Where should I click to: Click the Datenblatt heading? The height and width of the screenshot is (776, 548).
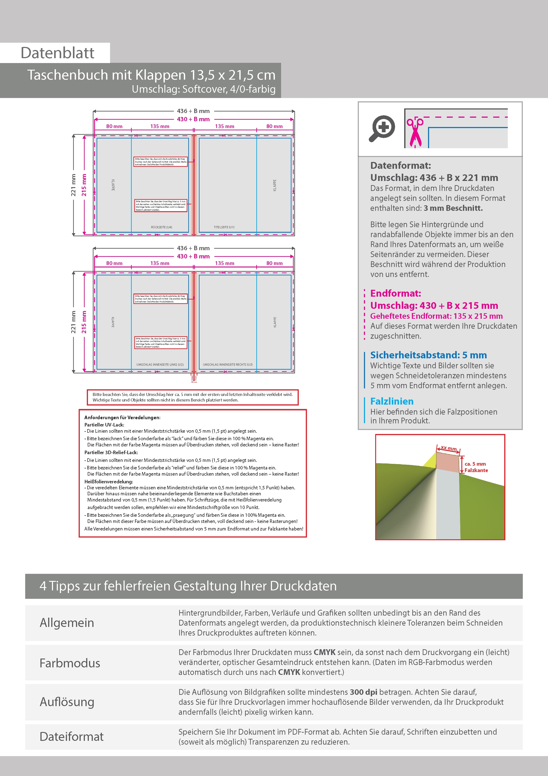[57, 53]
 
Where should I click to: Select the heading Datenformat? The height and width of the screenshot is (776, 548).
[400, 166]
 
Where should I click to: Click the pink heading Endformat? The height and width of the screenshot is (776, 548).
[395, 293]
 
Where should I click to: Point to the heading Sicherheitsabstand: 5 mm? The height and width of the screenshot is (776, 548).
[428, 355]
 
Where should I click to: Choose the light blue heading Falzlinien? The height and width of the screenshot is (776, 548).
[392, 401]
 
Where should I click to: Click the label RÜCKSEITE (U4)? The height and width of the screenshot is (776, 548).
[161, 227]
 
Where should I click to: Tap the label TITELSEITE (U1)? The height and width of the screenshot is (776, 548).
[224, 227]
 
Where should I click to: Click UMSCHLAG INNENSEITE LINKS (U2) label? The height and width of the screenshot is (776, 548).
[160, 365]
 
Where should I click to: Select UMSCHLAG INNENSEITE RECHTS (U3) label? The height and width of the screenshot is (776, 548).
[228, 365]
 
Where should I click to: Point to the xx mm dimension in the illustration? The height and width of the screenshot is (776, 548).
[448, 448]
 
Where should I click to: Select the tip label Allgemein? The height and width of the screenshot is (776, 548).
[67, 623]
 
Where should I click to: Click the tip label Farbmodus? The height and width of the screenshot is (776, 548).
[70, 663]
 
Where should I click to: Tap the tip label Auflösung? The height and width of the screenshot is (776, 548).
[67, 702]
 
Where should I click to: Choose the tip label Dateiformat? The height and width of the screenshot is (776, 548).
[72, 737]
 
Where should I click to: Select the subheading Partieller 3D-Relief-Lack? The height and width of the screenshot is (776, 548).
[111, 453]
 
